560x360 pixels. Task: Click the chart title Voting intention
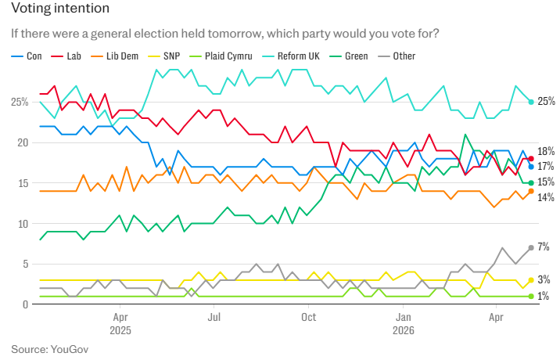60,9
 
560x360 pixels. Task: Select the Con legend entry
27,56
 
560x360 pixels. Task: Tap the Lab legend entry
66,56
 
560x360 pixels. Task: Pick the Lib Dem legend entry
115,56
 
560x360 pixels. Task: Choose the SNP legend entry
164,56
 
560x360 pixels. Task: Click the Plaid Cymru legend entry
221,56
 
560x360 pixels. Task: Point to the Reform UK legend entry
291,56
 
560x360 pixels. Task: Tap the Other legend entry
397,56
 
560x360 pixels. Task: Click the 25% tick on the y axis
20,103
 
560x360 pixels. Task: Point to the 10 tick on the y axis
23,224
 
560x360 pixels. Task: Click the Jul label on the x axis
214,317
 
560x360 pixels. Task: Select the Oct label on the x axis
309,317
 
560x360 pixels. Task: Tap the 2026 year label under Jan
404,330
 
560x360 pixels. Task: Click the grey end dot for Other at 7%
531,248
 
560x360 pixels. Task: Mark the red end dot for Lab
531,159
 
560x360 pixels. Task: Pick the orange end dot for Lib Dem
531,191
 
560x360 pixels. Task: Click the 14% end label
546,197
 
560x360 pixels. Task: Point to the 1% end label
544,296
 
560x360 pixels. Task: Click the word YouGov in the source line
70,349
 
